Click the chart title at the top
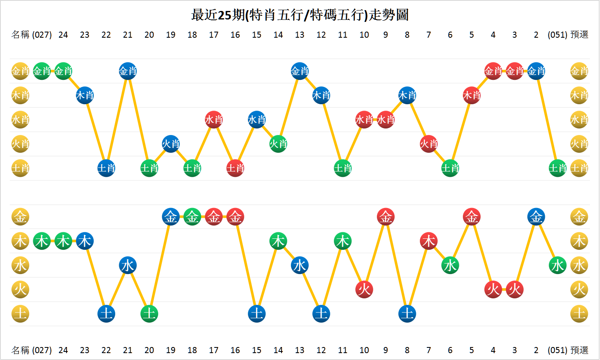pyautogui.click(x=300, y=15)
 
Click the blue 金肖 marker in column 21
pyautogui.click(x=128, y=71)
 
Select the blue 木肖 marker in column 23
pyautogui.click(x=85, y=96)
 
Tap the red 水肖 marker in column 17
pyautogui.click(x=214, y=120)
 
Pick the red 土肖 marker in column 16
pyautogui.click(x=235, y=168)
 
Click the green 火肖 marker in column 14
pyautogui.click(x=278, y=144)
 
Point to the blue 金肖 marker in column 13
pyautogui.click(x=300, y=71)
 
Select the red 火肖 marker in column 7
pyautogui.click(x=429, y=144)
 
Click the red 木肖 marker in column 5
pyautogui.click(x=472, y=96)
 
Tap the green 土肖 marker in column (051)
pyautogui.click(x=557, y=168)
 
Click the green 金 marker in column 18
pyautogui.click(x=192, y=217)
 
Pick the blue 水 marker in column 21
pyautogui.click(x=128, y=266)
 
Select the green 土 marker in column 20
pyautogui.click(x=149, y=314)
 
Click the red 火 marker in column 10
pyautogui.click(x=364, y=289)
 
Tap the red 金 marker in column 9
pyautogui.click(x=386, y=217)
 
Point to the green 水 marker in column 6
pyautogui.click(x=450, y=266)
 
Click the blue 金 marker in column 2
pyautogui.click(x=536, y=217)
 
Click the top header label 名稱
pyautogui.click(x=20, y=35)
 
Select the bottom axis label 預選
pyautogui.click(x=579, y=350)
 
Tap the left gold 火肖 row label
pyautogui.click(x=20, y=144)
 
